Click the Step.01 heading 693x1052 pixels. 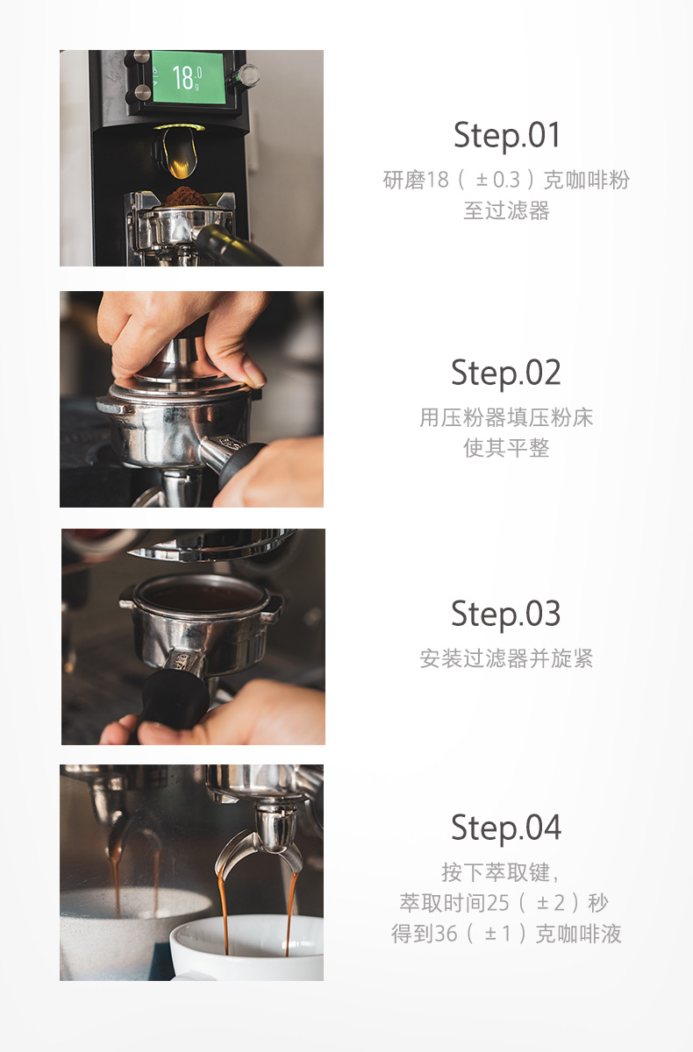[x=506, y=135]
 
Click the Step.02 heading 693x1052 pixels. [x=506, y=373]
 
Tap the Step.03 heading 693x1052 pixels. [x=506, y=614]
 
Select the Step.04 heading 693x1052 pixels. [x=506, y=828]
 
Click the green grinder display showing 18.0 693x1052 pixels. [x=188, y=77]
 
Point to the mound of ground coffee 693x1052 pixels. [x=186, y=196]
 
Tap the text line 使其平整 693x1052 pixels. [x=506, y=447]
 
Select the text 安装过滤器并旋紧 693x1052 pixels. [x=506, y=658]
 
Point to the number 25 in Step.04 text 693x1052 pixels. [x=498, y=903]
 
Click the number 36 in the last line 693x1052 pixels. [x=446, y=934]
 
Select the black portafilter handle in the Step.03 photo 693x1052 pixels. [x=175, y=700]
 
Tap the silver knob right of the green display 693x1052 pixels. [x=247, y=76]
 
